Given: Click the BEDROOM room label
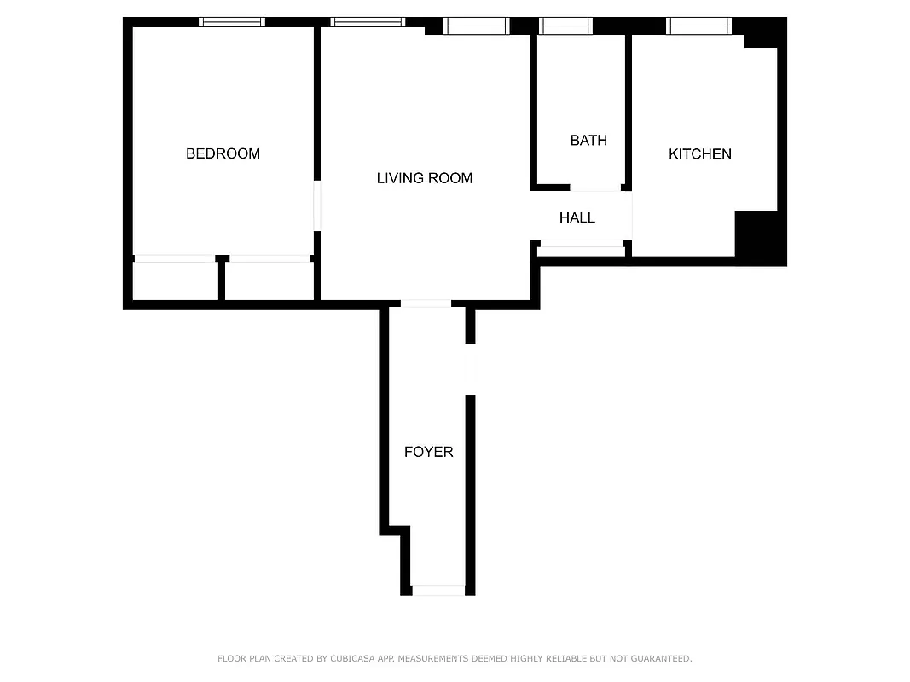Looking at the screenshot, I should [223, 153].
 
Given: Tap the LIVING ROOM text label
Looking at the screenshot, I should [424, 178].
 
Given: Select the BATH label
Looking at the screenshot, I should [588, 140].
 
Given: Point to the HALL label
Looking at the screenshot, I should [577, 218].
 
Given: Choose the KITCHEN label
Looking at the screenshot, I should [699, 154].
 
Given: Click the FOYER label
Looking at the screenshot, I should [428, 452].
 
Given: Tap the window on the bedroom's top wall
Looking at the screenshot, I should [232, 22].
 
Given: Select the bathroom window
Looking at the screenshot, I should [566, 26].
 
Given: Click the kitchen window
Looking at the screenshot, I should [698, 26].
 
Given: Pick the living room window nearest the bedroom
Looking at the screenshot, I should [368, 22].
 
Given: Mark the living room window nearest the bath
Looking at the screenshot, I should [477, 26].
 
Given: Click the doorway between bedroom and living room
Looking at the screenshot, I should [316, 205].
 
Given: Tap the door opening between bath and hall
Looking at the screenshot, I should [595, 188].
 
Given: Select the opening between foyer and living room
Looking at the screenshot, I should [426, 303].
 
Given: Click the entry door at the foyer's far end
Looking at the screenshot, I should [438, 590].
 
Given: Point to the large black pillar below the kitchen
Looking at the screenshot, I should [759, 238].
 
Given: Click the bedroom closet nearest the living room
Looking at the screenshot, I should [270, 280].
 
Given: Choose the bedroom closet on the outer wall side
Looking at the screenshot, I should [175, 280].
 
